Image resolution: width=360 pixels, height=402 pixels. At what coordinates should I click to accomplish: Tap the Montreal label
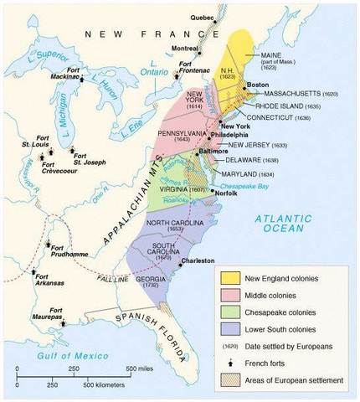[185, 49]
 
